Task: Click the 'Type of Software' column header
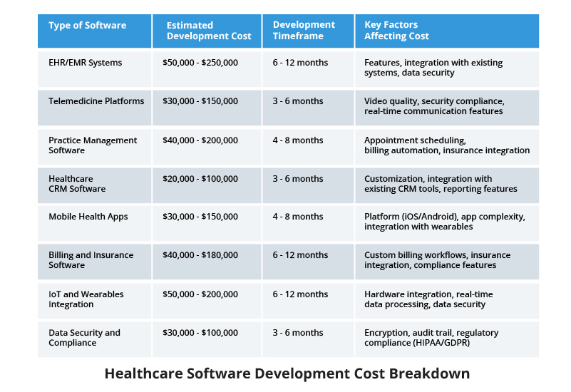click(x=88, y=25)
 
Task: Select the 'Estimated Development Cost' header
click(x=209, y=31)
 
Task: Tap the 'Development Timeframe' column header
click(x=304, y=30)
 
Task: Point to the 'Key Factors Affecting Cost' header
click(x=396, y=30)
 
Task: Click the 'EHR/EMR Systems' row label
click(x=86, y=63)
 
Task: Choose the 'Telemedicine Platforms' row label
click(x=96, y=101)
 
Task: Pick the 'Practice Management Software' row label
click(x=93, y=145)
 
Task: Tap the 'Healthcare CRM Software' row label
click(x=77, y=184)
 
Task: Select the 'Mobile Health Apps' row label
click(x=88, y=217)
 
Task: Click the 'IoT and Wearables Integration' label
click(x=86, y=299)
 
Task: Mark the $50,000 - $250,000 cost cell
click(x=200, y=63)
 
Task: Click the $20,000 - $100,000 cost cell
click(x=200, y=179)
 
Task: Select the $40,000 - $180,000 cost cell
click(x=200, y=255)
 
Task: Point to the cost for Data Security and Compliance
click(x=200, y=333)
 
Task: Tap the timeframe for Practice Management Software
click(x=298, y=140)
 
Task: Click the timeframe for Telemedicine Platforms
click(x=298, y=101)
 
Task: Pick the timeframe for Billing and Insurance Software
click(x=300, y=255)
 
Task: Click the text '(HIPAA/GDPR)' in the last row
click(x=441, y=343)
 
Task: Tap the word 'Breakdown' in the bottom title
click(x=429, y=373)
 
